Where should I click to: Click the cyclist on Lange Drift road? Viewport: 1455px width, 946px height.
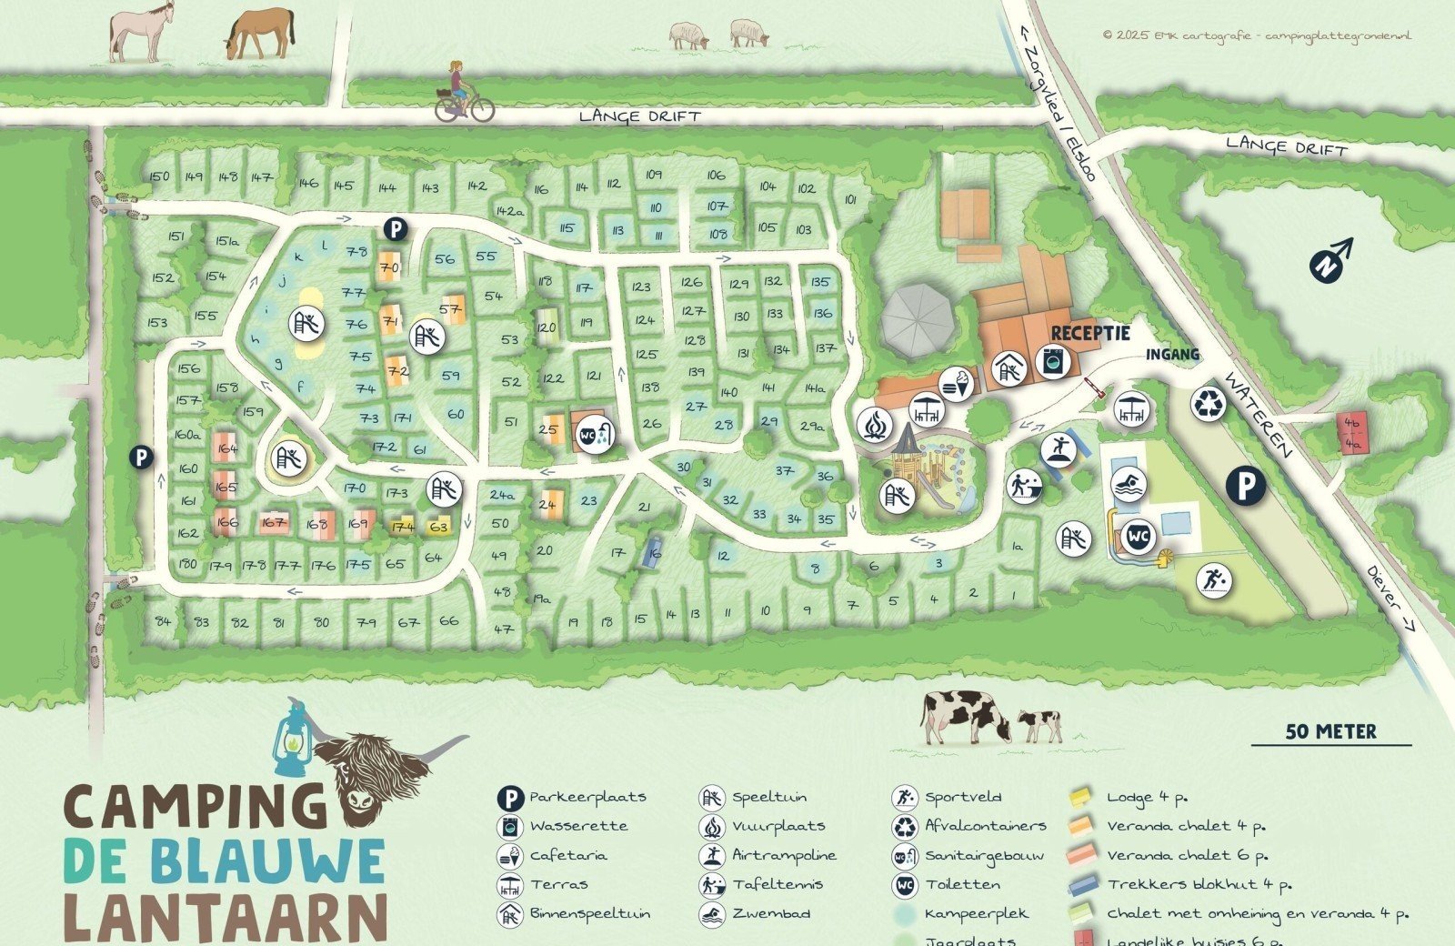(x=463, y=94)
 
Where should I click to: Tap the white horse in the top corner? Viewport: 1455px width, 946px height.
(x=142, y=33)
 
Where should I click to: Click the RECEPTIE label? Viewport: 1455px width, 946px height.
(x=1090, y=334)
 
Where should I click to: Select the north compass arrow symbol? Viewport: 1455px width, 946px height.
(x=1330, y=259)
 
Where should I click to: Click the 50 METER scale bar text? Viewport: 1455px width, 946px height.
(x=1330, y=731)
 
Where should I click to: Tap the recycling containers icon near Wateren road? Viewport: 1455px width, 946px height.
(x=1209, y=405)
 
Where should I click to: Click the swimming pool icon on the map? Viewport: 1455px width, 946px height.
(x=1129, y=485)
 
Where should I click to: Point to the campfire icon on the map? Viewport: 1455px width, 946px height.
(x=875, y=425)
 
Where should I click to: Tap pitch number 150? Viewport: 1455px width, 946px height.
(x=159, y=176)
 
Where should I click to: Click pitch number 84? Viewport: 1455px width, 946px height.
(x=163, y=622)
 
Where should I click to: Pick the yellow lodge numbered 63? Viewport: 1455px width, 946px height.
(x=438, y=527)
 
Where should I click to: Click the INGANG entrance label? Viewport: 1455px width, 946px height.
(x=1171, y=354)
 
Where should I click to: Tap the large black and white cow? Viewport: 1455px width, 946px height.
(x=966, y=714)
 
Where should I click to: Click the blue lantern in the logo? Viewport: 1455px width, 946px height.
(x=290, y=738)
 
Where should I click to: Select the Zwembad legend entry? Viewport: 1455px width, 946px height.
(x=770, y=913)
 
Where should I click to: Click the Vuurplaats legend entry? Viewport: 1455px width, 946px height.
(x=778, y=826)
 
